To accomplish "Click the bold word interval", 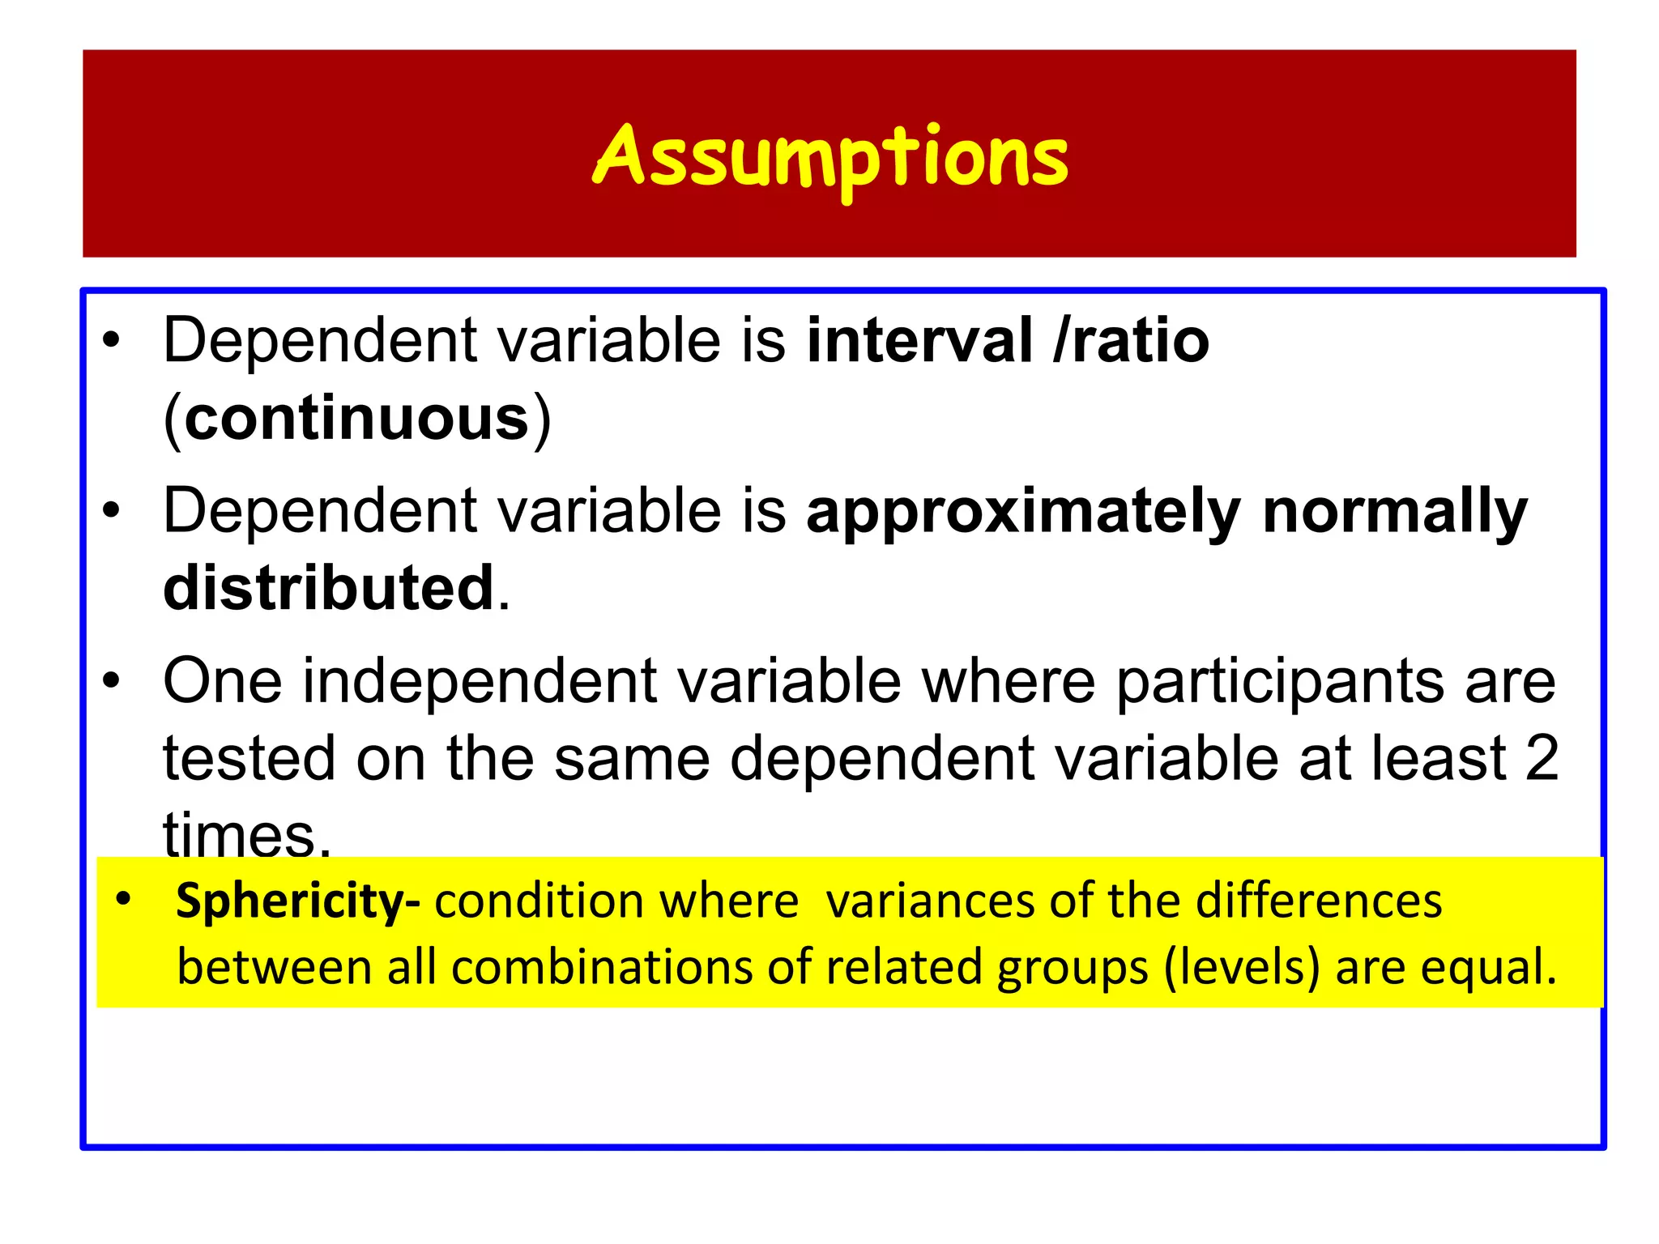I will click(920, 341).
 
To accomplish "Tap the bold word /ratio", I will click(1132, 341).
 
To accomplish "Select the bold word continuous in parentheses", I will click(356, 419).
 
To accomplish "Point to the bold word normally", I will click(1395, 513).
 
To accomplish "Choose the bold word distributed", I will click(328, 589).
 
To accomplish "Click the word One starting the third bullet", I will click(223, 682).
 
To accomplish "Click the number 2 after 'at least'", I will click(1542, 759).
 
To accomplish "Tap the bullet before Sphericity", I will click(123, 899).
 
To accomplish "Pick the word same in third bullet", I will click(632, 759).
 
